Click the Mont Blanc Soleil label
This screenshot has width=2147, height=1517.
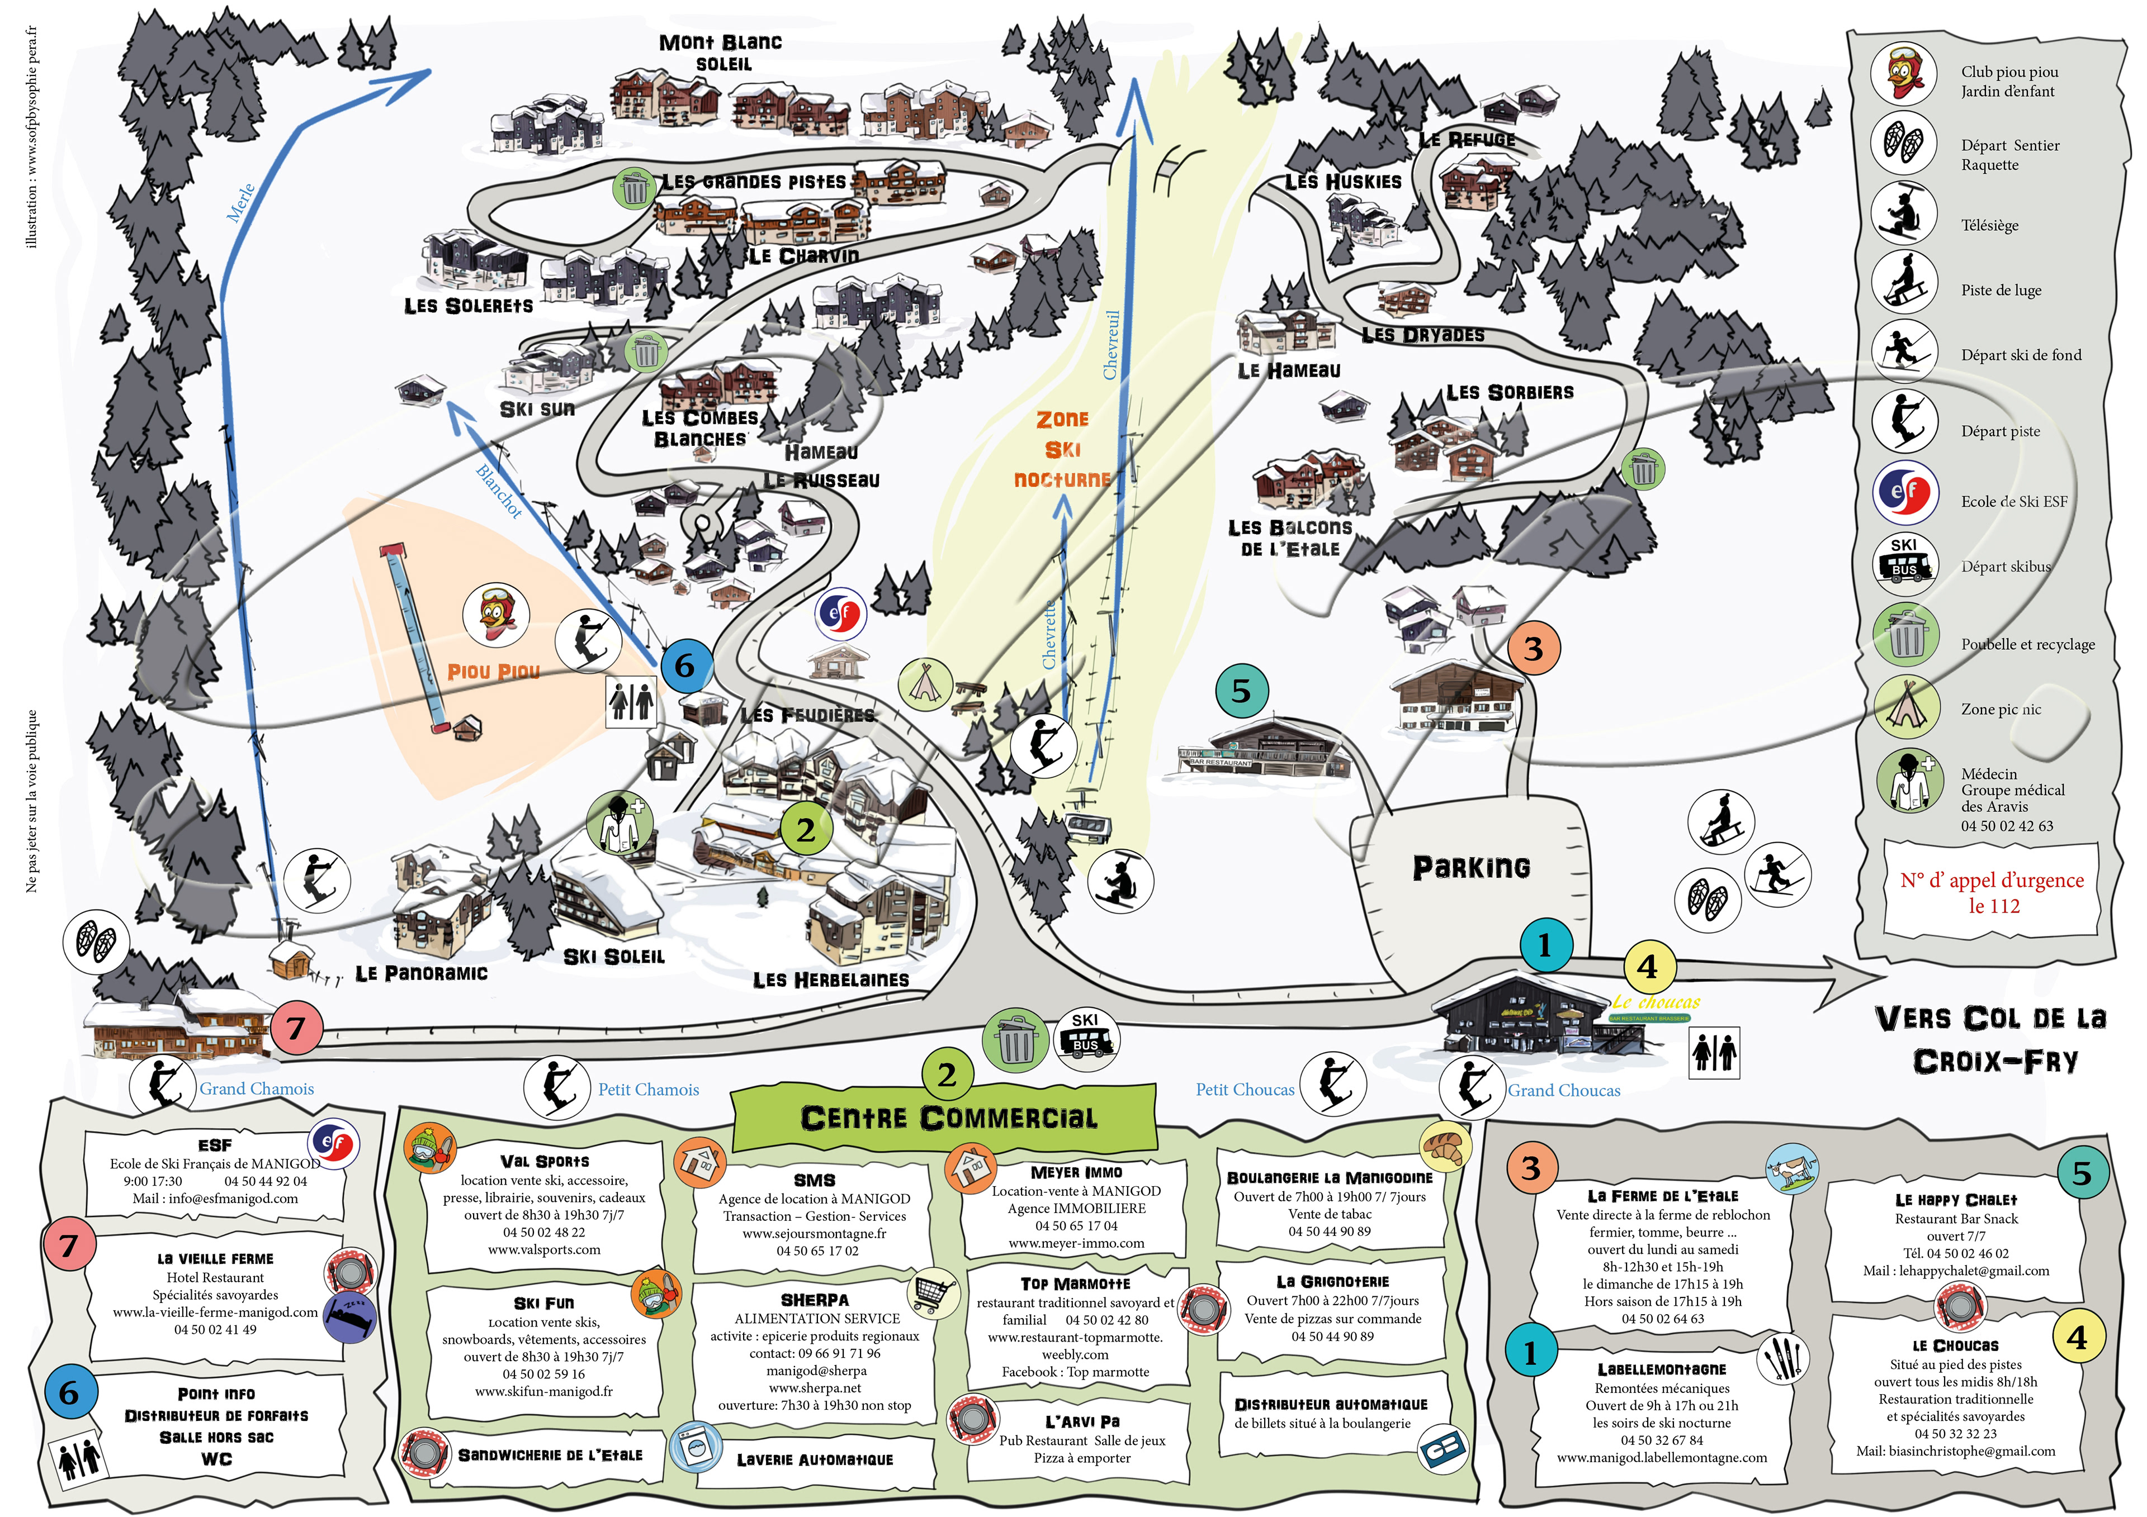click(x=720, y=53)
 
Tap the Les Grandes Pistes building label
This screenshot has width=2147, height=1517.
click(x=754, y=182)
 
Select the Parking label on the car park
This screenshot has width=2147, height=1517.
click(x=1471, y=867)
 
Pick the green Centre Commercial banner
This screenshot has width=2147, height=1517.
click(x=947, y=1118)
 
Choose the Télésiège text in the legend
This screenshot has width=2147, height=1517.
click(x=1989, y=225)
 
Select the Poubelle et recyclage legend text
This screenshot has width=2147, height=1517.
click(x=2027, y=644)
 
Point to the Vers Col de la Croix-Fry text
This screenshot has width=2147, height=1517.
click(x=1991, y=1039)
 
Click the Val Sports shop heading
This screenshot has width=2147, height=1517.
click(x=544, y=1161)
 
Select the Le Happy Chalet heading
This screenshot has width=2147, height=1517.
click(x=1955, y=1199)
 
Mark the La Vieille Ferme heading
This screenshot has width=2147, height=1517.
click(x=215, y=1259)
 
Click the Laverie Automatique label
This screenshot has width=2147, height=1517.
click(x=815, y=1459)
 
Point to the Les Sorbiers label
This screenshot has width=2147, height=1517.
click(x=1509, y=393)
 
